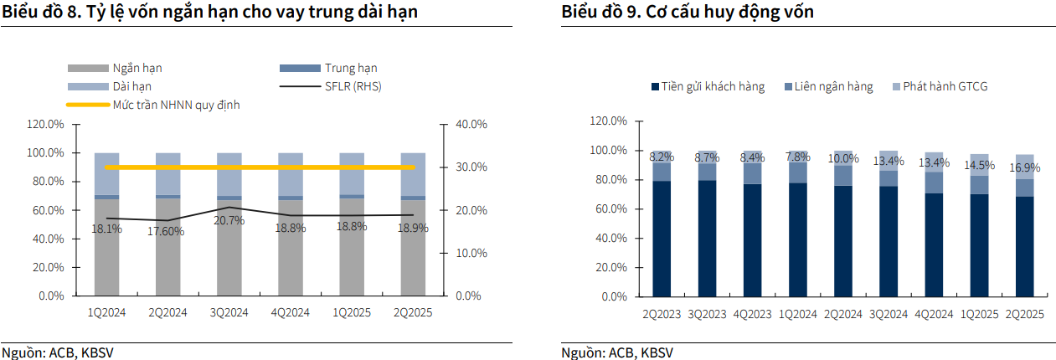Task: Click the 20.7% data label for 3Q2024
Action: click(x=229, y=221)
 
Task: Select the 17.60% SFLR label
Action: click(x=167, y=231)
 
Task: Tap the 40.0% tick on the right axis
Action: click(x=471, y=124)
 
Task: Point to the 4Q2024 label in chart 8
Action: click(x=290, y=312)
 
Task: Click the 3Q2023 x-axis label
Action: click(x=707, y=314)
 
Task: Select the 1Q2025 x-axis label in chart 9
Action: click(x=978, y=314)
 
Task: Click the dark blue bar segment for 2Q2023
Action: click(x=662, y=239)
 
